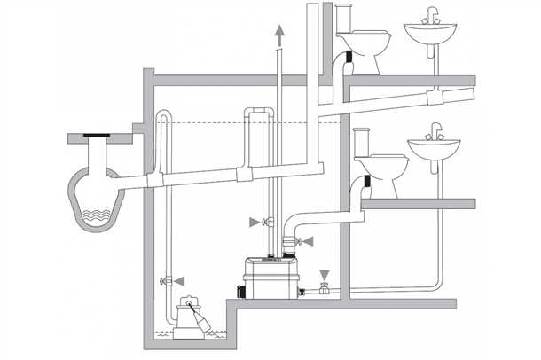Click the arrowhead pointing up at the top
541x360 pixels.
click(281, 34)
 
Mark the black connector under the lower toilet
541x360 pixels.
click(365, 188)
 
